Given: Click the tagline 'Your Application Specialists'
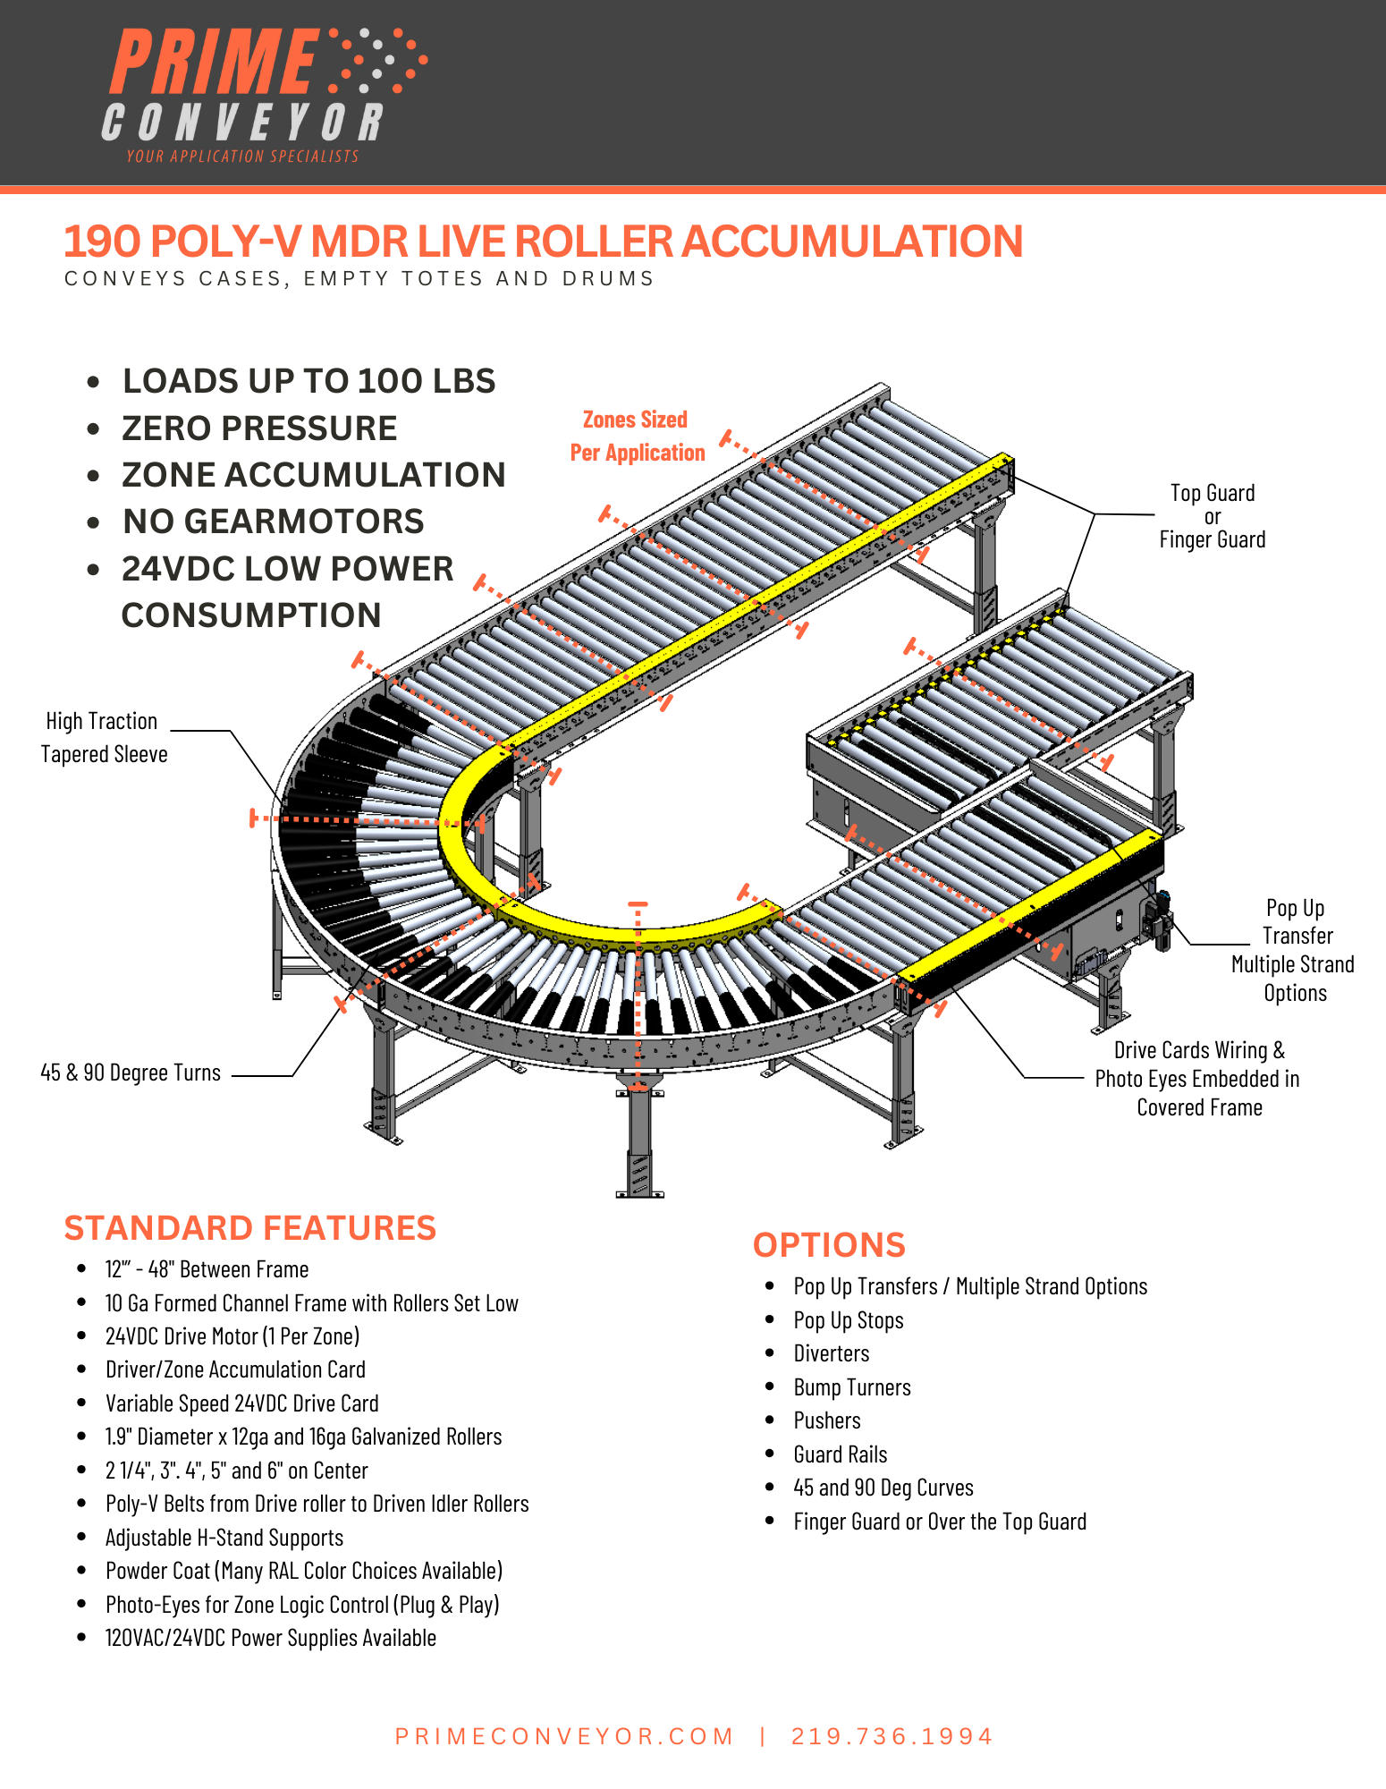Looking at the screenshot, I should (242, 157).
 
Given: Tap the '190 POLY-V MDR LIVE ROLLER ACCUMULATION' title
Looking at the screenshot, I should (543, 242).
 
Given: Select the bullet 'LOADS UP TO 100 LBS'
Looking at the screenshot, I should (308, 381).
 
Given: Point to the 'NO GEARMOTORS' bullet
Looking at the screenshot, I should (273, 521).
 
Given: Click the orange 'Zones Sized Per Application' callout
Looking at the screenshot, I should (637, 436).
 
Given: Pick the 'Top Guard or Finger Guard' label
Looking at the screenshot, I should (1213, 516).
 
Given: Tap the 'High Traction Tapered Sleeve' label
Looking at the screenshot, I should (104, 737).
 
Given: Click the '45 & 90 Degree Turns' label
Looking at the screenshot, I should (131, 1073).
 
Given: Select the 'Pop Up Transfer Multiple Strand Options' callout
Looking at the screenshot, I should (1294, 950).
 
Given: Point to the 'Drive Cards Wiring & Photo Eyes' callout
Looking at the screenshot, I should (1198, 1078).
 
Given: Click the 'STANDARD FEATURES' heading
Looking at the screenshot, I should (249, 1228).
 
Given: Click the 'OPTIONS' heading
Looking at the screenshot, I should (829, 1245).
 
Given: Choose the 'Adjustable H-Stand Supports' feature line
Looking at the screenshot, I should (224, 1538).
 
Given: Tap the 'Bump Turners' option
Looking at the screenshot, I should (852, 1387).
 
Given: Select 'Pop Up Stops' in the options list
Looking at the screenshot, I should (849, 1320).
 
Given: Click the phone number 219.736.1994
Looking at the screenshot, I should (892, 1736).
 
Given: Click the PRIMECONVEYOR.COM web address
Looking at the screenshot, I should (564, 1736).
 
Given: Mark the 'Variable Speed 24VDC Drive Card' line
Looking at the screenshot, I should (241, 1403).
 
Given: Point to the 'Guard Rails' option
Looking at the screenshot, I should (841, 1454).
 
